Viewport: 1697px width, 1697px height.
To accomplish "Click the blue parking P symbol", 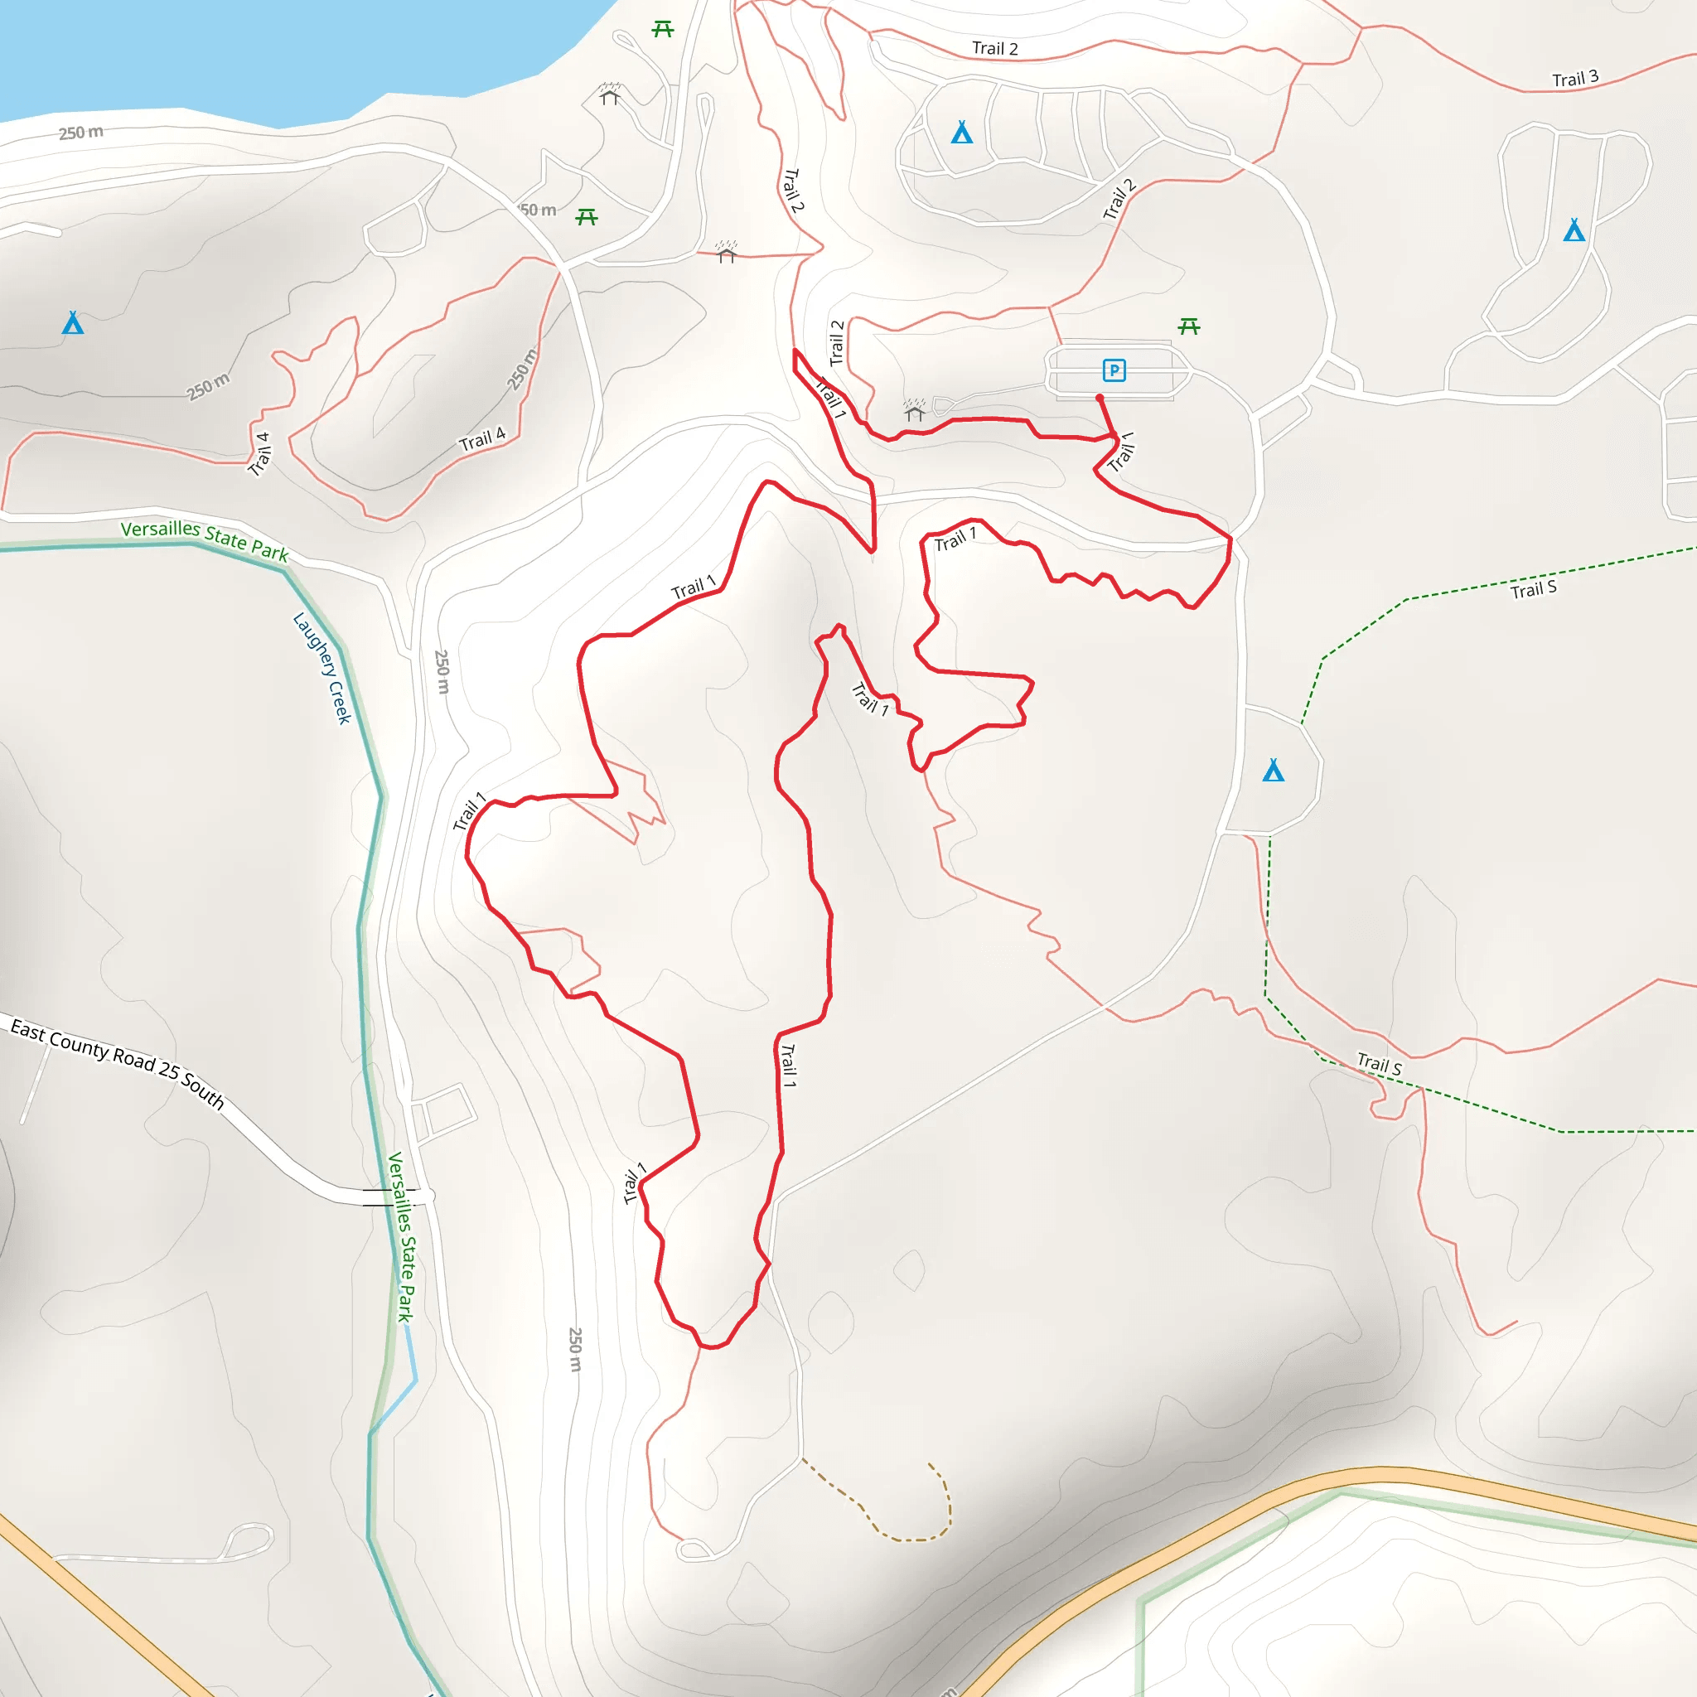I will tap(1114, 370).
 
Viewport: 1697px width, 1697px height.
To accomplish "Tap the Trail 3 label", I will tap(1575, 79).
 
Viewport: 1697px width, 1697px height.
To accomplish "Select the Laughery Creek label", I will tap(322, 668).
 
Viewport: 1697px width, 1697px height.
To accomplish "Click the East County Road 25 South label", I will tap(118, 1063).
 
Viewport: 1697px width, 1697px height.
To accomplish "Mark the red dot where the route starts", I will tap(1100, 398).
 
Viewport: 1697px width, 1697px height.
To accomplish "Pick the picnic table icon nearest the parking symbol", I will tap(1189, 326).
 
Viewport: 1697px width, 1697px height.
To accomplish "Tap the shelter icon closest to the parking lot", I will tap(915, 410).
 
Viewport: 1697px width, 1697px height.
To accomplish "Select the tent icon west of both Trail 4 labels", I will tap(73, 323).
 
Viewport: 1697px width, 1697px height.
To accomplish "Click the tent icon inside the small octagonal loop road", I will tap(1274, 771).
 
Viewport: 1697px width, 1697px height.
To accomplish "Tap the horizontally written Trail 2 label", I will tap(994, 48).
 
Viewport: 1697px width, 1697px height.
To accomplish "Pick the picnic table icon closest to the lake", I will tap(663, 30).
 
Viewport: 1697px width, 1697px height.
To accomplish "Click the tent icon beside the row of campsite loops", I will tap(962, 133).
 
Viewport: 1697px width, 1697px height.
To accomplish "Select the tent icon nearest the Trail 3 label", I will tap(1574, 230).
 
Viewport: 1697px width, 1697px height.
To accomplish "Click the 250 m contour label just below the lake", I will tap(81, 133).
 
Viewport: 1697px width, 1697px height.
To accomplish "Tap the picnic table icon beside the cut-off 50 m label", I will tap(587, 216).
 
